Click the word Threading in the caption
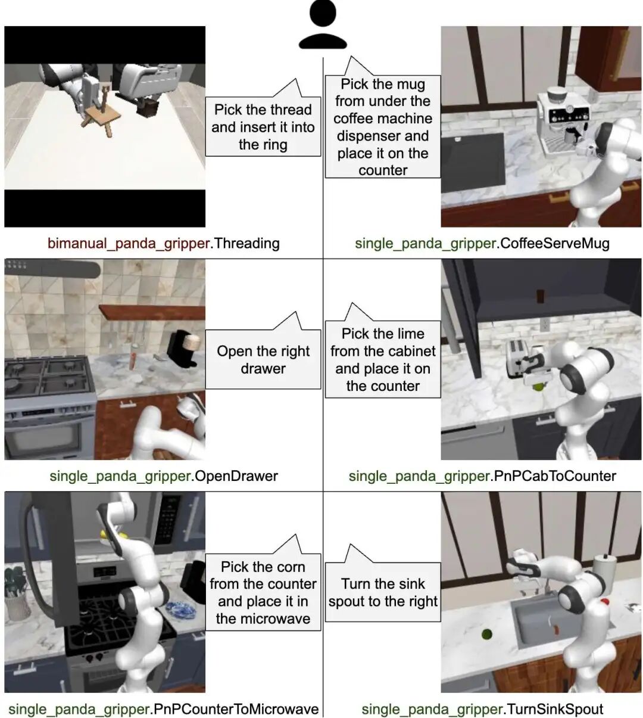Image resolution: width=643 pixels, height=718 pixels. (x=247, y=244)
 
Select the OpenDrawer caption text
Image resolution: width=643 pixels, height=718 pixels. (x=236, y=476)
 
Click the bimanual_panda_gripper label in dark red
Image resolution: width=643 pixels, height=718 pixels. (x=128, y=244)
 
